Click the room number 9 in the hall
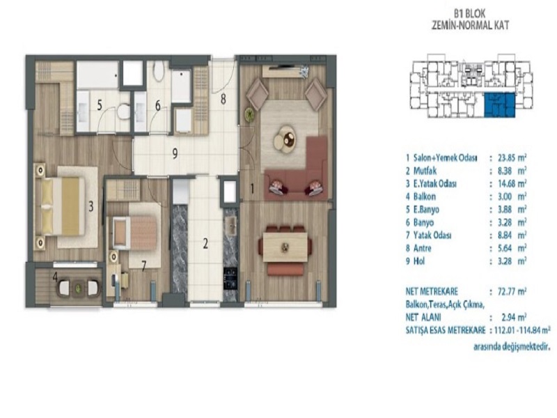(175, 154)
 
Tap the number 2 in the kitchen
(205, 244)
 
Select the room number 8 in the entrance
(223, 99)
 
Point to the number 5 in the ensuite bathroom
(100, 105)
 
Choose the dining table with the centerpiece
(285, 247)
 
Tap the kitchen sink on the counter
(231, 225)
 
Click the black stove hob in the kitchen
(230, 278)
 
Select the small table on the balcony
(78, 288)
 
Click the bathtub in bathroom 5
(97, 75)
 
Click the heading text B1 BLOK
(469, 14)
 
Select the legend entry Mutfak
(425, 171)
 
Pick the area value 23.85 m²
(512, 158)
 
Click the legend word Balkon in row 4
(425, 196)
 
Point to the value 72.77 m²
(512, 292)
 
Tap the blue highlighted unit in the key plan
(499, 105)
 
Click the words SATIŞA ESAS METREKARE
(446, 330)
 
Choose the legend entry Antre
(423, 248)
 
